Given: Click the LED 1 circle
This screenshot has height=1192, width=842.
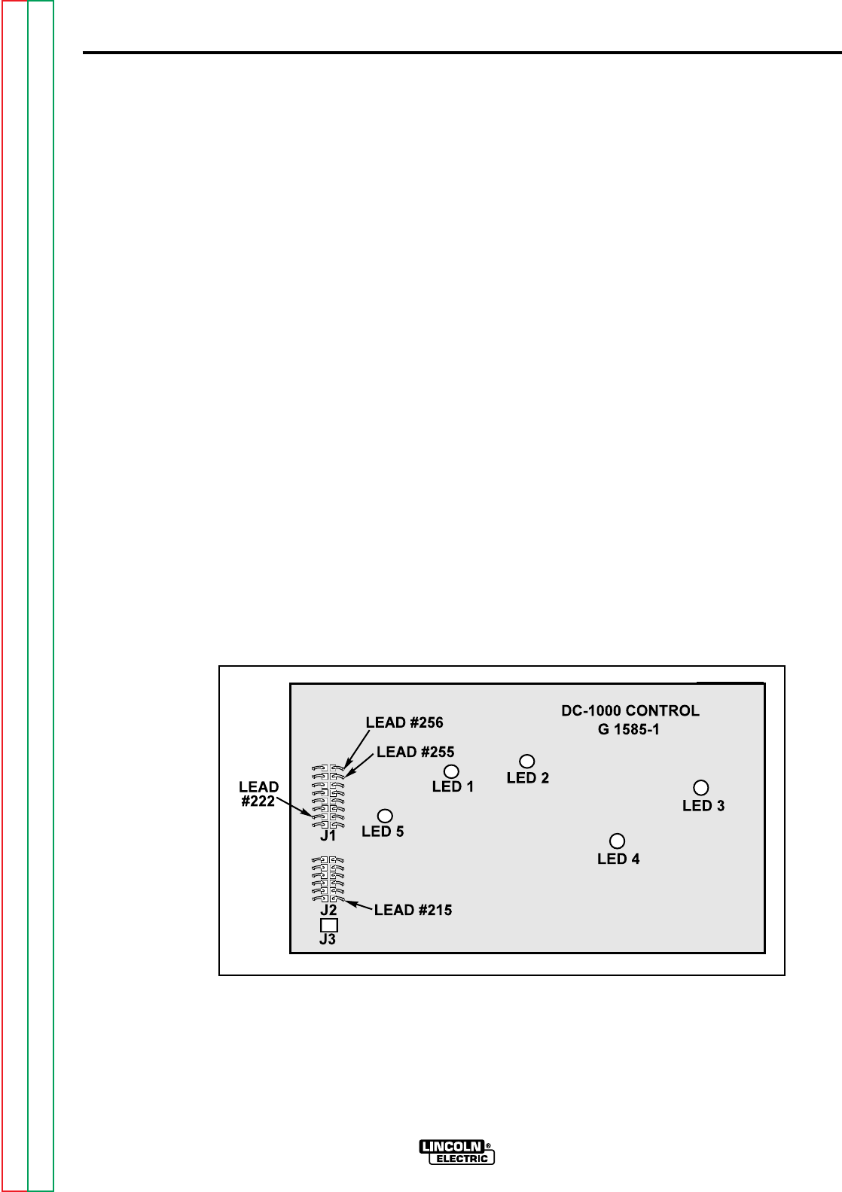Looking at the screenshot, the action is (x=452, y=771).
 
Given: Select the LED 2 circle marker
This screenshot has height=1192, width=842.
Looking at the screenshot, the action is (x=527, y=762).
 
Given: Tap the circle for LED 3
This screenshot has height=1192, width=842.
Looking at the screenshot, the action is (x=700, y=788).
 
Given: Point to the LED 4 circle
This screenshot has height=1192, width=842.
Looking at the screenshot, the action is (x=618, y=841).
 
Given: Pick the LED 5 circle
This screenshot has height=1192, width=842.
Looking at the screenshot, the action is (x=385, y=815).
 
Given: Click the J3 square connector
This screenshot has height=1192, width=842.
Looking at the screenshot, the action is (x=328, y=925).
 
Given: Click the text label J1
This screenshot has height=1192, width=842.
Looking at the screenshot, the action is (x=328, y=835).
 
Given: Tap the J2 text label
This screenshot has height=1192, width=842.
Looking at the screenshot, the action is (x=328, y=909).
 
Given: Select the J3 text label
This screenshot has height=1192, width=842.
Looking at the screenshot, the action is (x=328, y=939).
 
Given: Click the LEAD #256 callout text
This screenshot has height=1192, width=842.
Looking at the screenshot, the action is (x=404, y=722).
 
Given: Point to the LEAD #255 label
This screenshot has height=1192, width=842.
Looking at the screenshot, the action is (x=415, y=751).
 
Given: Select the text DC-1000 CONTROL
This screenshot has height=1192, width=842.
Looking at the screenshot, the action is (x=630, y=710).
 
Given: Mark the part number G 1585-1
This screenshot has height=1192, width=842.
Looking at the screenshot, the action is (x=621, y=729).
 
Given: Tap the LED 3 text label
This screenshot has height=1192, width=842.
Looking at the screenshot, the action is (x=703, y=806).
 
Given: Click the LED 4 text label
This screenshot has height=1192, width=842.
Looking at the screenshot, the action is (x=618, y=859).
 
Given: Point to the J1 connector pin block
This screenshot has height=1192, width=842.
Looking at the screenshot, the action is (x=328, y=795).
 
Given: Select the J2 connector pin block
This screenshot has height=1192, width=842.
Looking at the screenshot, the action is (x=328, y=879).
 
